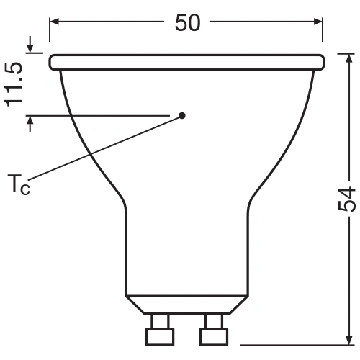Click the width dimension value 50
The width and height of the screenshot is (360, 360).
pyautogui.click(x=187, y=23)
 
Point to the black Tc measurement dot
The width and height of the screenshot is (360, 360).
pyautogui.click(x=181, y=115)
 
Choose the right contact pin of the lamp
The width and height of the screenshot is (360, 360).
pyautogui.click(x=214, y=333)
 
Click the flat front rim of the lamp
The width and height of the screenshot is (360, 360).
pyautogui.click(x=186, y=62)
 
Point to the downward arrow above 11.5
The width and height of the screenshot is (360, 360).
pyautogui.click(x=30, y=48)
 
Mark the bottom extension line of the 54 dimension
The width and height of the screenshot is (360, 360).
pyautogui.click(x=288, y=344)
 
